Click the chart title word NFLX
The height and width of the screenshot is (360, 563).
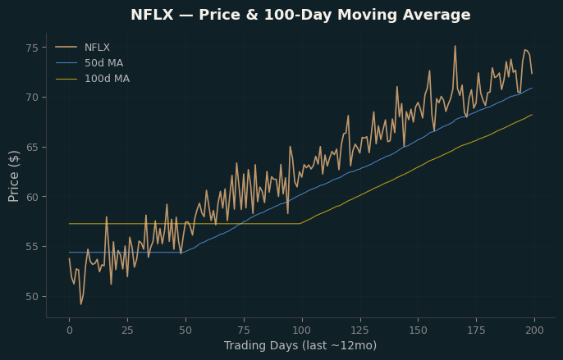click(152, 15)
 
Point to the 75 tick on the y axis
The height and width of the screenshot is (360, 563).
click(32, 48)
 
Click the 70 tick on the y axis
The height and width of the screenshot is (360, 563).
click(32, 98)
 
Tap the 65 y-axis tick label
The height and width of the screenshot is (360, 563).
click(32, 148)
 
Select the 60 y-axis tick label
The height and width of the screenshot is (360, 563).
click(32, 197)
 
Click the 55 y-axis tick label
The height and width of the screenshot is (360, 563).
click(32, 247)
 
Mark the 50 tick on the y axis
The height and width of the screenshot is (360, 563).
click(32, 297)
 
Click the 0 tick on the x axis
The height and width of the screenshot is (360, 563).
click(69, 330)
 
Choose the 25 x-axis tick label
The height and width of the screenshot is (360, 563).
click(127, 330)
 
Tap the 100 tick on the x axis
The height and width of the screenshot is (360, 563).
click(302, 330)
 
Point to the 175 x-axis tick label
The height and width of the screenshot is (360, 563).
click(477, 330)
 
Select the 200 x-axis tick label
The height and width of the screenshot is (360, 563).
click(534, 330)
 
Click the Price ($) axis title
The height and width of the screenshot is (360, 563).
click(13, 176)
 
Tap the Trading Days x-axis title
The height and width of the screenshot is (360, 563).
click(300, 345)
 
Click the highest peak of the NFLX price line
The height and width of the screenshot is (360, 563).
click(455, 46)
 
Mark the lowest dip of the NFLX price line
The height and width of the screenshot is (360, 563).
click(80, 304)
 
